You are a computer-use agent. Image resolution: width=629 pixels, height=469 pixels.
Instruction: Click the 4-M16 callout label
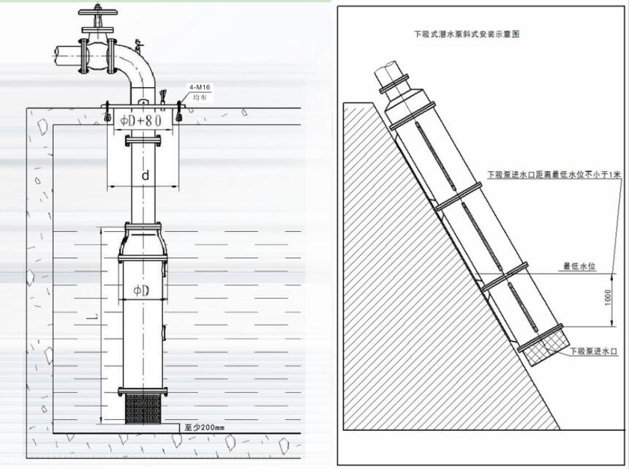200,87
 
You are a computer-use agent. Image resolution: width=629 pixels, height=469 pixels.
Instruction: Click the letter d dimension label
146,176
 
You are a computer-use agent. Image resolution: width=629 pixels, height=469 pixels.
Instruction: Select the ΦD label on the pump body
141,291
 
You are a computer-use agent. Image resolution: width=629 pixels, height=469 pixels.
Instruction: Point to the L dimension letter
92,318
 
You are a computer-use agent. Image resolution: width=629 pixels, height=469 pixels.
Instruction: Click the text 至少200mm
205,428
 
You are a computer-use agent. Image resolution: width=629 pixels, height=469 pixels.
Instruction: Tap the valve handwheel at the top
97,11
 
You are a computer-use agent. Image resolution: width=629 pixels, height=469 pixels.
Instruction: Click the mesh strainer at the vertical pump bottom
143,409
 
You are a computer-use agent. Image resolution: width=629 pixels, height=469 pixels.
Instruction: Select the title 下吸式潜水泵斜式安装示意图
467,34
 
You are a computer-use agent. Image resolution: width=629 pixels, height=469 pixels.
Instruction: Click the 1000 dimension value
607,297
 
